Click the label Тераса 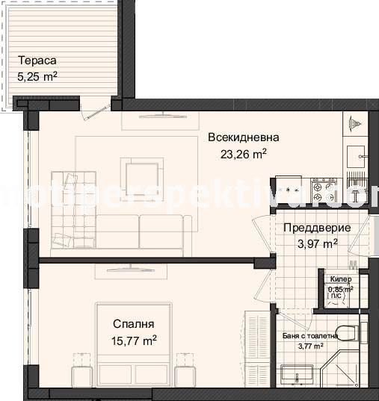point(36,60)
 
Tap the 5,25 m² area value point(37,75)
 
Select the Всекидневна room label point(243,137)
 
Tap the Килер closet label point(340,279)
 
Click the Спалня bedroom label point(134,324)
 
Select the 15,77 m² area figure point(134,341)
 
